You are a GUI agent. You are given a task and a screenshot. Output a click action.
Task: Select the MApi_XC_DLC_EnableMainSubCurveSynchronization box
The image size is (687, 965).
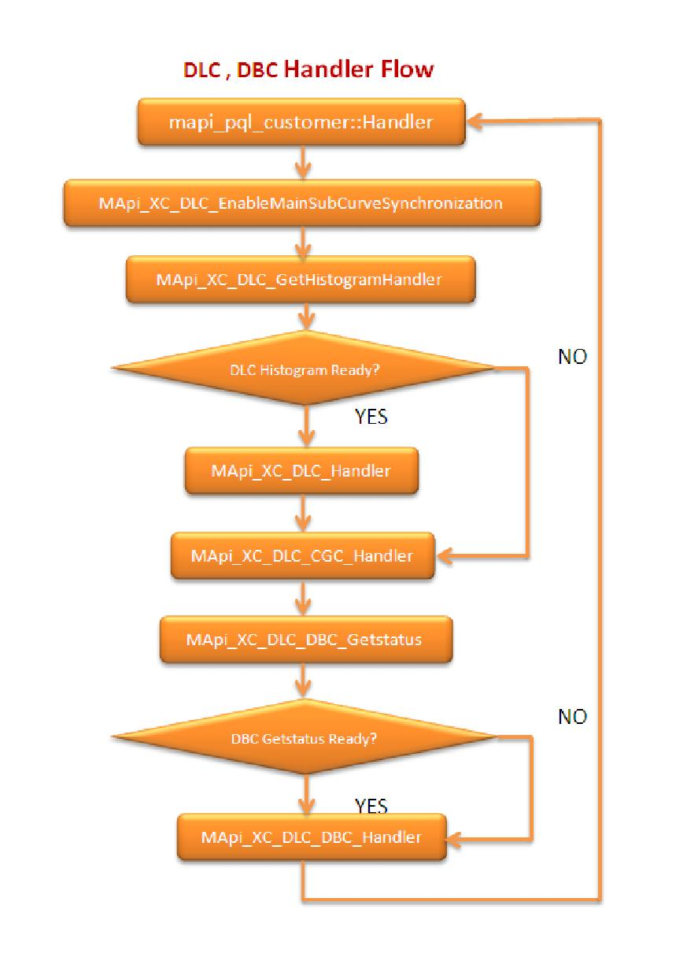tap(301, 203)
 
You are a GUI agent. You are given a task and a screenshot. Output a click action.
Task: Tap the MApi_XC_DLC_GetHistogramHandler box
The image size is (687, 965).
tap(301, 280)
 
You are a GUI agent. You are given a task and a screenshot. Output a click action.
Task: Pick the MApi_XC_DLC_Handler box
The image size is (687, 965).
tap(301, 471)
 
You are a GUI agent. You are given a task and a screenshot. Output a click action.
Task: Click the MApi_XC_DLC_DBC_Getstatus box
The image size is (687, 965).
tap(304, 639)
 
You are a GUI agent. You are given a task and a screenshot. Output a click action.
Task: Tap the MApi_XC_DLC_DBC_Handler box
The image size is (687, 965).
tap(310, 837)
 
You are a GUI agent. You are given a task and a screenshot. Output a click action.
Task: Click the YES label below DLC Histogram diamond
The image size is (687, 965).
tap(371, 418)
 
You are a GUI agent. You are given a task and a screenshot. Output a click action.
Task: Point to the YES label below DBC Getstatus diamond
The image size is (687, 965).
tap(371, 805)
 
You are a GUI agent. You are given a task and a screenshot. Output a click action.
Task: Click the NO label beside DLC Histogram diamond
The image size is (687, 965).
tap(572, 357)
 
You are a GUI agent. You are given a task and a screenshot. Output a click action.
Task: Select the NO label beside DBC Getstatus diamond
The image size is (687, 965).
tap(572, 717)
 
